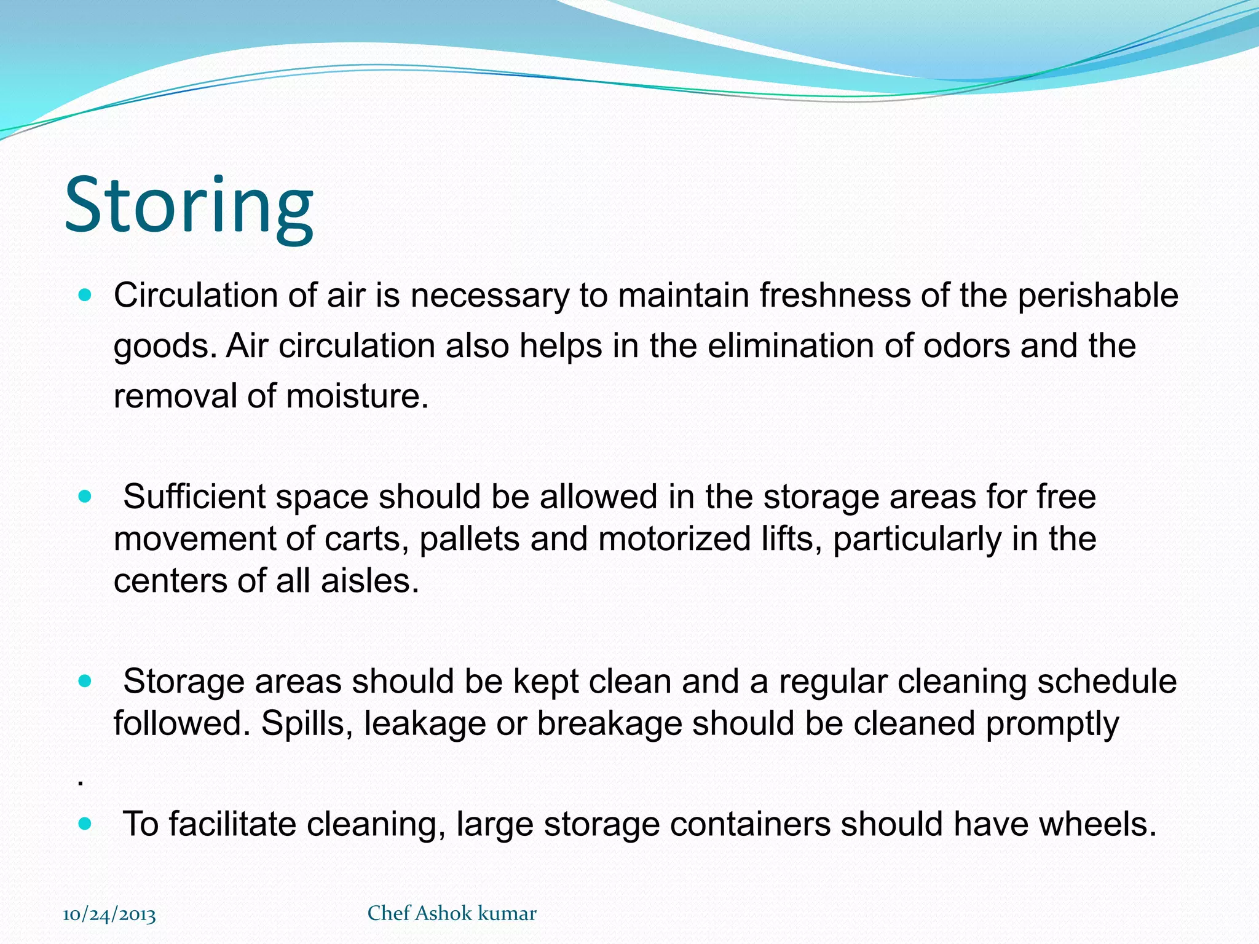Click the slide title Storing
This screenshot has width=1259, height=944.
point(189,206)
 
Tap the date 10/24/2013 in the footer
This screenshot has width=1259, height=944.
point(109,914)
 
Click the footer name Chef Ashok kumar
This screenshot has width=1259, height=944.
point(452,913)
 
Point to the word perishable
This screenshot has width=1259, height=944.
point(1098,296)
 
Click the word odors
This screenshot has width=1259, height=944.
point(966,346)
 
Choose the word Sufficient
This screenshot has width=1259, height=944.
point(194,497)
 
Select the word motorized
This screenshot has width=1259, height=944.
point(674,539)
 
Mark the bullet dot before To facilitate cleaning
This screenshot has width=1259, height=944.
point(85,824)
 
